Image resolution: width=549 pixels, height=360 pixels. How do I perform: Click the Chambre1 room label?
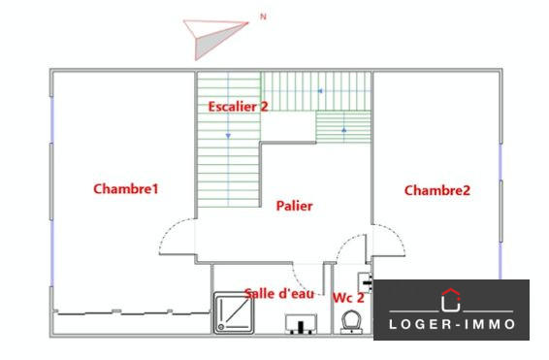(x=125, y=189)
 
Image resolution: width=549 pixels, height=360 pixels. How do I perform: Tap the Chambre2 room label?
(x=436, y=190)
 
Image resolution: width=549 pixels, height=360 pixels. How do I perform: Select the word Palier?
(x=294, y=206)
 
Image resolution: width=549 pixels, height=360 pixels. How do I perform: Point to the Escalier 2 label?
(x=238, y=106)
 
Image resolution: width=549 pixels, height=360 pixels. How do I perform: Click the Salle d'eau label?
(x=279, y=293)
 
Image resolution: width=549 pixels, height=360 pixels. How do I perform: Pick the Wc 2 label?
(x=348, y=297)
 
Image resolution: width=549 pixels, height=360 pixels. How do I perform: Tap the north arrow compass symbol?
(x=215, y=36)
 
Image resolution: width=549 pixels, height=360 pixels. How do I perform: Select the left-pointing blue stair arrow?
(x=317, y=91)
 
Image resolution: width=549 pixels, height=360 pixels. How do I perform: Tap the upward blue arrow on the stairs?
(x=344, y=127)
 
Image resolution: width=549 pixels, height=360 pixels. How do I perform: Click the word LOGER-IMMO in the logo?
(x=451, y=323)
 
